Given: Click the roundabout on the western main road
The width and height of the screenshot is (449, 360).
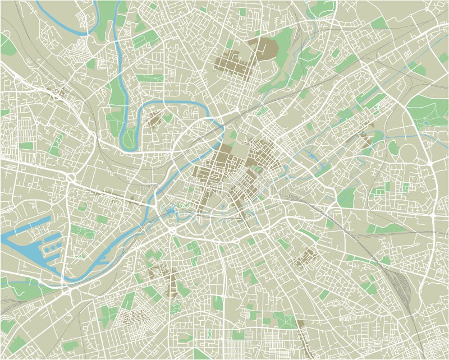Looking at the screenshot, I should (x=71, y=178).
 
